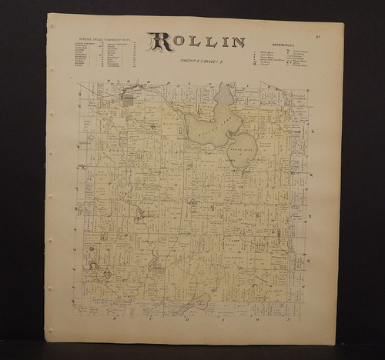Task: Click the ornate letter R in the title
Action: coord(161,45)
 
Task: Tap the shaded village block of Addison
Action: coord(129,98)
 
